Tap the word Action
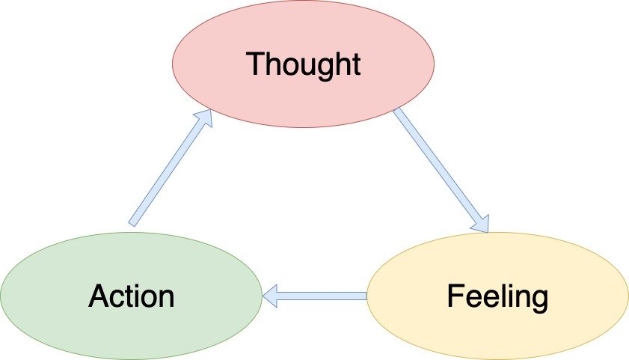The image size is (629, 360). (x=131, y=296)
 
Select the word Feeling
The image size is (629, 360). (x=497, y=296)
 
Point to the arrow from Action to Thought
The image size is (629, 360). (x=168, y=168)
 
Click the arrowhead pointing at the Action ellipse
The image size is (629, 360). (x=270, y=296)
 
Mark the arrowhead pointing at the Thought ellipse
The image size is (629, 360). (x=203, y=118)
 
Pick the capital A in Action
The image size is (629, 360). (x=98, y=296)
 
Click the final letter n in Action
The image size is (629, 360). (x=165, y=299)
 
